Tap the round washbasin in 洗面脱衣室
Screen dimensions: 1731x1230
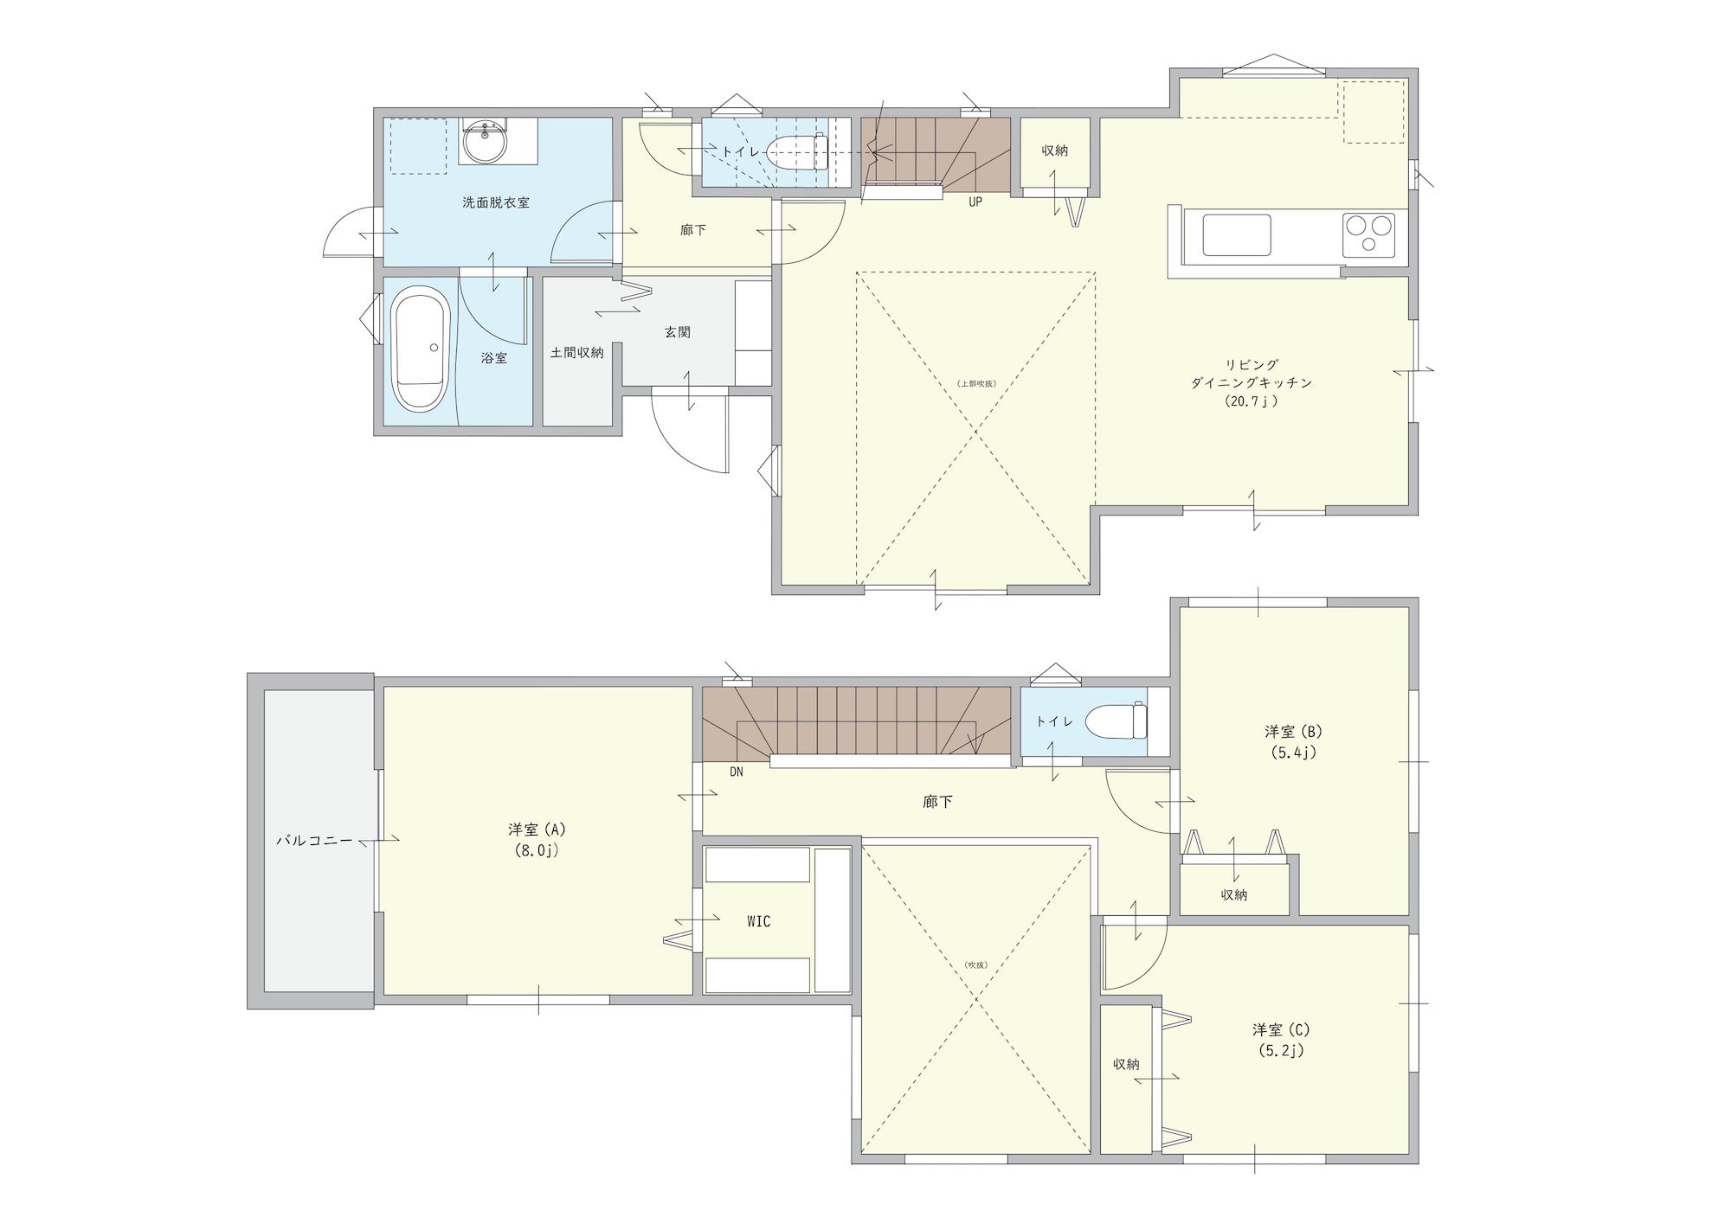[485, 142]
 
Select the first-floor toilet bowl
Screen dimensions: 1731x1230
[798, 153]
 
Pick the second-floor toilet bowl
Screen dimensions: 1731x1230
[1116, 721]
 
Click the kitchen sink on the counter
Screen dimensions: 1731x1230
[1237, 235]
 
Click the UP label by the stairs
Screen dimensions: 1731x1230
[975, 203]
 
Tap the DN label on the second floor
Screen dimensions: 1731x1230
[737, 772]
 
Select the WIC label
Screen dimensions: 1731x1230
[758, 922]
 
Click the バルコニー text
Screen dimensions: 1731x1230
[314, 840]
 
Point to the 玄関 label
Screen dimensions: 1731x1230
[678, 332]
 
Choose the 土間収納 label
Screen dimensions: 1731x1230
[577, 352]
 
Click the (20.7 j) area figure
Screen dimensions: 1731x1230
[1252, 401]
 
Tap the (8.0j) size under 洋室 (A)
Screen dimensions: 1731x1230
[537, 850]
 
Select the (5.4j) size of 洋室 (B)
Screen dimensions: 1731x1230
[1294, 753]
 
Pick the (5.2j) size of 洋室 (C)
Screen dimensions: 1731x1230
[1282, 1051]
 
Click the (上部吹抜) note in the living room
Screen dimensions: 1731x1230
[976, 383]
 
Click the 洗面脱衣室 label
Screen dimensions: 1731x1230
[496, 202]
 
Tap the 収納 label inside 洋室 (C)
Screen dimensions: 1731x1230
[1127, 1065]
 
